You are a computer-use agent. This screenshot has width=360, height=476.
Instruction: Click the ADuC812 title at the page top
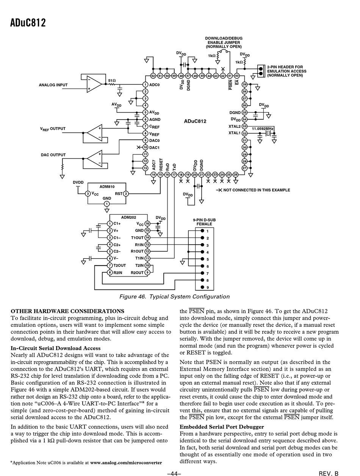[x=28, y=23]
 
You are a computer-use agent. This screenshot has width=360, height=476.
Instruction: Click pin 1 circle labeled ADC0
[x=145, y=84]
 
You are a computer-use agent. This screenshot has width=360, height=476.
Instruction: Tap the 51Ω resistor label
[x=112, y=81]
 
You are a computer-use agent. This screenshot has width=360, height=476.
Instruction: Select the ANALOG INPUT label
[x=53, y=85]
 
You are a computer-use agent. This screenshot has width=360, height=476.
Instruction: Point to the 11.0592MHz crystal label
[x=262, y=129]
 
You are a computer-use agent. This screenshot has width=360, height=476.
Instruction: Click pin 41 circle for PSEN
[x=230, y=76]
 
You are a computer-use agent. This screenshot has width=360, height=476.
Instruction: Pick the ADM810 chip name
[x=107, y=187]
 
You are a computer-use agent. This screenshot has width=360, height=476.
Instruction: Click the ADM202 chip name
[x=128, y=217]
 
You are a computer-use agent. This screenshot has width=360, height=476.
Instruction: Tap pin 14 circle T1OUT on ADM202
[x=147, y=238]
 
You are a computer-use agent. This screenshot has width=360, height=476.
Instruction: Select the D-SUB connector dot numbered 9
[x=202, y=287]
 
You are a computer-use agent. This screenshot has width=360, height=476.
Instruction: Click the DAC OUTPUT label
[x=53, y=155]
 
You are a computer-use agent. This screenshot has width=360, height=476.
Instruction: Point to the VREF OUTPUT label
[x=53, y=129]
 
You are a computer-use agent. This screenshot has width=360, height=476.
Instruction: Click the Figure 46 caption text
[x=174, y=297]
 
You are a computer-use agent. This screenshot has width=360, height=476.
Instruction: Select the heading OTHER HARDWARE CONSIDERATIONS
[x=67, y=311]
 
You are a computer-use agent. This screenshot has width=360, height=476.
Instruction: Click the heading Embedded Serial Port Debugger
[x=222, y=427]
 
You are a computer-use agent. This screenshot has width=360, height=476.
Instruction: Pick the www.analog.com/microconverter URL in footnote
[x=126, y=463]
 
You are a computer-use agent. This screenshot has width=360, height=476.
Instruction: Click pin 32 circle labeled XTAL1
[x=244, y=133]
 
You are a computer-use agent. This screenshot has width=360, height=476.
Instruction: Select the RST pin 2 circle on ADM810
[x=126, y=194]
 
